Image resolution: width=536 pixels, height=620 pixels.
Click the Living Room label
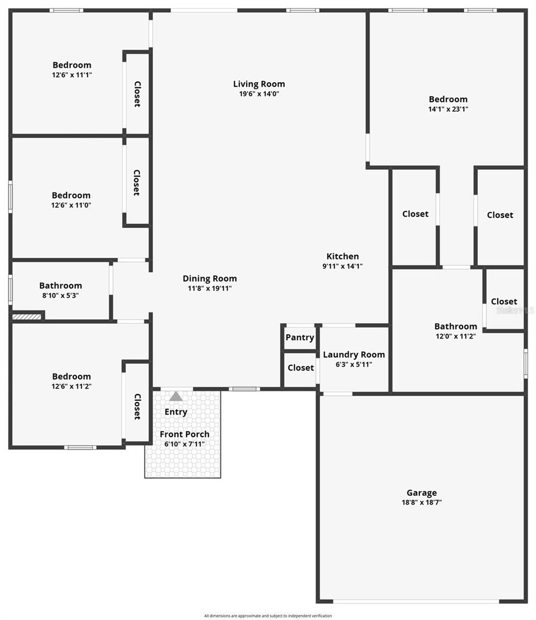259,84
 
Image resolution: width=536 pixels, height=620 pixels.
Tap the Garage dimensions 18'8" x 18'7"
421,502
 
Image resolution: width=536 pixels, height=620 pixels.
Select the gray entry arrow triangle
176,396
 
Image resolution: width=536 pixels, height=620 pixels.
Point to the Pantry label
300,338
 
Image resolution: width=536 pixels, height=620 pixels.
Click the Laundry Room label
354,355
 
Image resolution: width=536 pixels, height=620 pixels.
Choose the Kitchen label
343,256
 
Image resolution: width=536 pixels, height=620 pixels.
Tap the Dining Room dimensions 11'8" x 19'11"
210,288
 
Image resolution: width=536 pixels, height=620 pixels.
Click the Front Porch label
184,434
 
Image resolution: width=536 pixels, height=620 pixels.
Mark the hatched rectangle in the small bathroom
27,317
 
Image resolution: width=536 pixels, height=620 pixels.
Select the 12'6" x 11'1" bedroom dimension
72,75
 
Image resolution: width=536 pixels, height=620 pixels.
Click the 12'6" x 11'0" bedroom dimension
71,205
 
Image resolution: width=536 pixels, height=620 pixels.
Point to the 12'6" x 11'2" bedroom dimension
72,386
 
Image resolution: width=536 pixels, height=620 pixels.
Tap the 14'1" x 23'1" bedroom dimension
448,110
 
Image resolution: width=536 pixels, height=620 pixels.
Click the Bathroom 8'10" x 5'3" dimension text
61,296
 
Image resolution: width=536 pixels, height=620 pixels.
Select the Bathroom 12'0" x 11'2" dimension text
455,336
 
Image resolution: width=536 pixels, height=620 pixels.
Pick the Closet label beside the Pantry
301,368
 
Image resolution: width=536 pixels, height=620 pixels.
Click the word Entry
176,412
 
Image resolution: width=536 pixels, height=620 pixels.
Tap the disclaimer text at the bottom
268,616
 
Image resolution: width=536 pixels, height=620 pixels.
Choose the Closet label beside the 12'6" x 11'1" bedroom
138,94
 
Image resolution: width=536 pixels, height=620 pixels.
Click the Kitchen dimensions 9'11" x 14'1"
343,266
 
